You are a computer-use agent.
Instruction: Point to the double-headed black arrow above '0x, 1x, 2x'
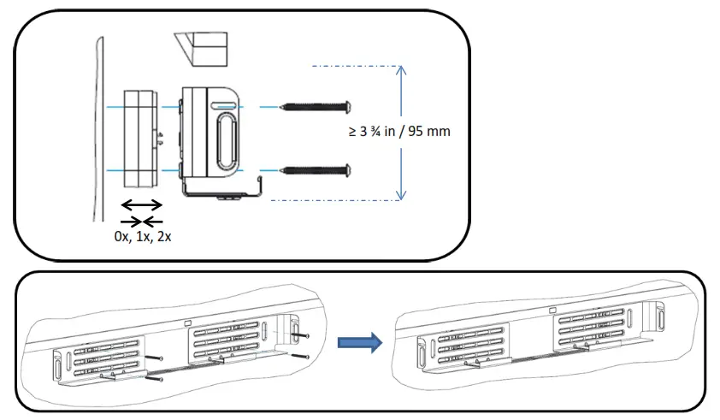coord(141,205)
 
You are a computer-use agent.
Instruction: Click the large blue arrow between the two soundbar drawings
coord(357,342)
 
